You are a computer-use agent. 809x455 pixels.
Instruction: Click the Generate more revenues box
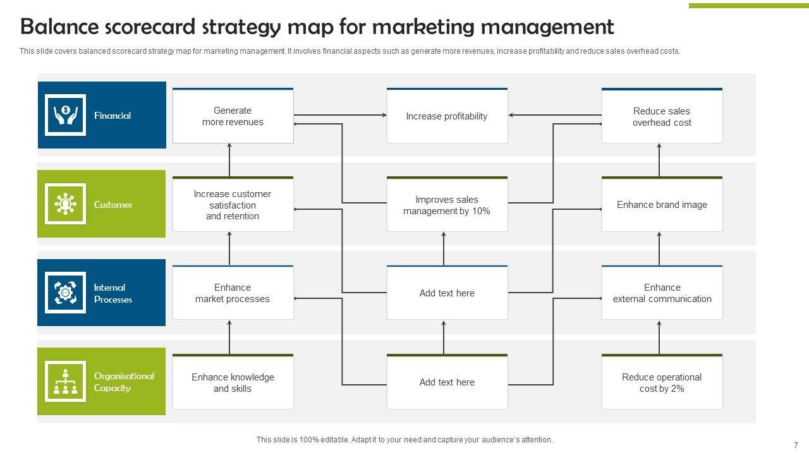[233, 116]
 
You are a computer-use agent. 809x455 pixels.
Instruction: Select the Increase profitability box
[447, 116]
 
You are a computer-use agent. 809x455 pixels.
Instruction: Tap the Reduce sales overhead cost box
[662, 116]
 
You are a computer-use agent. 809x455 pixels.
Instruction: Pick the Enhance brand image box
[662, 205]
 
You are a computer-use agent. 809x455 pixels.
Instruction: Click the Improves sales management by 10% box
[447, 205]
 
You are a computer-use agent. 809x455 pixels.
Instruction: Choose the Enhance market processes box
[233, 293]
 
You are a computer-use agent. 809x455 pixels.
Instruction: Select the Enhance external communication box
[662, 293]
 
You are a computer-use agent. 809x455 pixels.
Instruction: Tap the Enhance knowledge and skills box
[233, 382]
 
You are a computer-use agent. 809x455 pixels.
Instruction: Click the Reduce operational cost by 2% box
[662, 382]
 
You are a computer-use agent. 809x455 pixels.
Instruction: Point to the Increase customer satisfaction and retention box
[233, 205]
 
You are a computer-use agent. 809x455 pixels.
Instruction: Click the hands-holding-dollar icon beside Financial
[65, 115]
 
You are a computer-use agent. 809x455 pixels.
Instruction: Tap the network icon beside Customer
[65, 204]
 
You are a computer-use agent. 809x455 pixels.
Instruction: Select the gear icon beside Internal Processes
[65, 293]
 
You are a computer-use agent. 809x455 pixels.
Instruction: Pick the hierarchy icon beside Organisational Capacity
[65, 382]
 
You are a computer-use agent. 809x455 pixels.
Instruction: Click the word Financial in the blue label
[113, 116]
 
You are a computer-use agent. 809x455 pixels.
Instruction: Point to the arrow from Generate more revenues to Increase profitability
[340, 115]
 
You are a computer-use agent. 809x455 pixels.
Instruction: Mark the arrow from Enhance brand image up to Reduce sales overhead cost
[659, 160]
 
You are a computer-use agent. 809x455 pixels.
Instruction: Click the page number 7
[796, 445]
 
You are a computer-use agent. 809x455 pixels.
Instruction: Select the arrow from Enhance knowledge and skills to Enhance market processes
[229, 337]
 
